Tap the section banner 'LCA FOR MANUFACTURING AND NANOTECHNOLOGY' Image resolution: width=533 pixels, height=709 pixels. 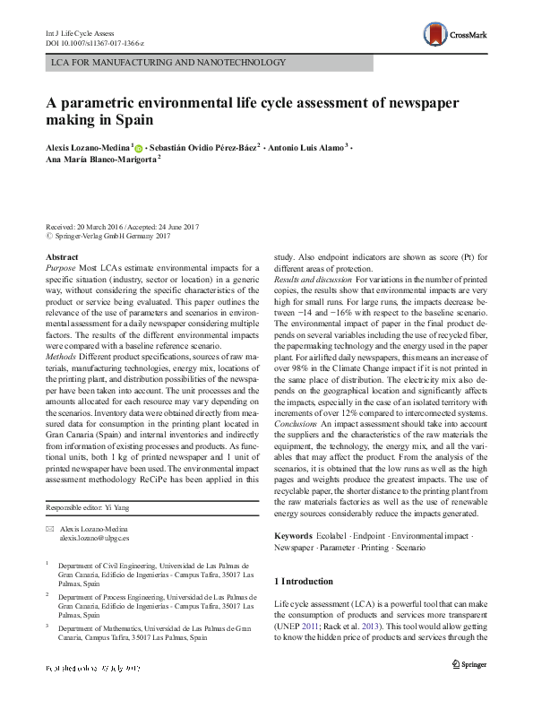[x=169, y=63]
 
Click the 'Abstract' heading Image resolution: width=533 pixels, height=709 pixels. [x=61, y=257]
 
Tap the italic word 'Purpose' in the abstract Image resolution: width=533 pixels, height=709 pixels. [x=61, y=267]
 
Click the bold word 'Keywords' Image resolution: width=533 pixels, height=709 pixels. [x=294, y=536]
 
